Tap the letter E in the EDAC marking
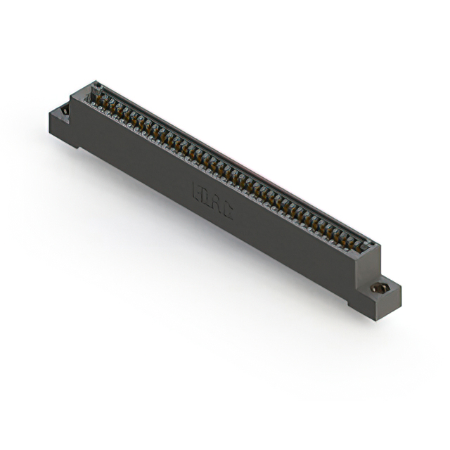[198, 191]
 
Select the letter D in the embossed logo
[207, 198]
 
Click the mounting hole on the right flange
[379, 288]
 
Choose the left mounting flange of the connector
[60, 120]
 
